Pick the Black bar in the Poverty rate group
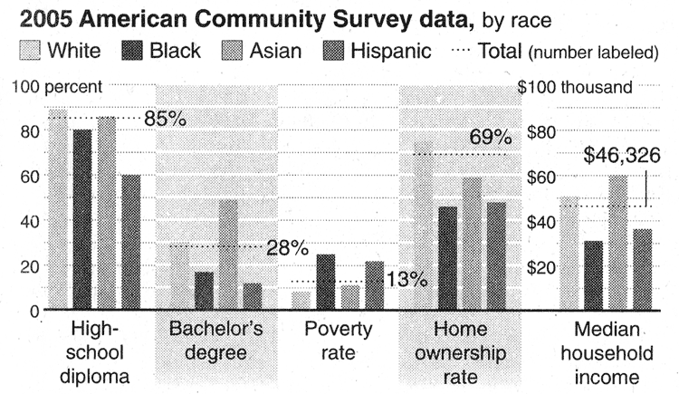pyautogui.click(x=325, y=283)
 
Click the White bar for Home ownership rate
pyautogui.click(x=423, y=226)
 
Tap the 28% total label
pyautogui.click(x=287, y=247)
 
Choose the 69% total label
pyautogui.click(x=491, y=139)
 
